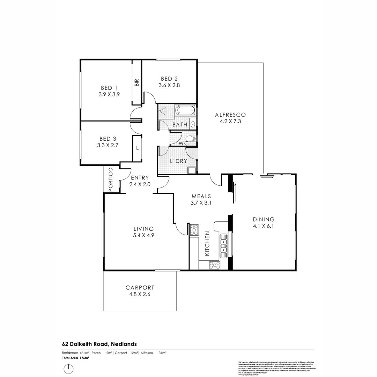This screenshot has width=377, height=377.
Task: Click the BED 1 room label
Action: click(109, 88)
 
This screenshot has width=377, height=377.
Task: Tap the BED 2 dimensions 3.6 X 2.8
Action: click(169, 85)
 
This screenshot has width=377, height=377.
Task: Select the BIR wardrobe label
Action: click(136, 82)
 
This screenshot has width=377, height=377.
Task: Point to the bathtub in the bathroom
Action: click(185, 111)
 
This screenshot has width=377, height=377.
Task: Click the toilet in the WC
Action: click(191, 139)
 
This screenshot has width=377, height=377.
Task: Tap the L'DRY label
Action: click(178, 161)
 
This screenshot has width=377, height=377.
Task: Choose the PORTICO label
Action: click(111, 180)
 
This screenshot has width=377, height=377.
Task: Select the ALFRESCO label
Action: click(230, 114)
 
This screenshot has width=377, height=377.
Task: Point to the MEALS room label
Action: click(201, 196)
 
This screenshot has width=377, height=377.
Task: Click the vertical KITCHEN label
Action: click(207, 244)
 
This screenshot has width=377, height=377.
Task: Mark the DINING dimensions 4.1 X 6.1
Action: click(264, 226)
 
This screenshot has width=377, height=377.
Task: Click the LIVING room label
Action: click(143, 229)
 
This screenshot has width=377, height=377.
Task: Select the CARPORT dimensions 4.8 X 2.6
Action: click(140, 294)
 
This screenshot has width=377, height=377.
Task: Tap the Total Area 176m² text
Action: click(76, 358)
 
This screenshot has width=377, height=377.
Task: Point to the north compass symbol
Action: click(69, 369)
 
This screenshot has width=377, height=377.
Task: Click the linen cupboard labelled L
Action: click(138, 148)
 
